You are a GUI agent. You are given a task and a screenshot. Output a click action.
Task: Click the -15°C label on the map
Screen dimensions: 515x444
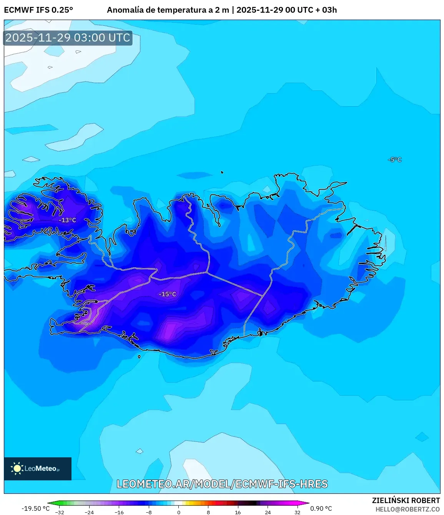(167, 294)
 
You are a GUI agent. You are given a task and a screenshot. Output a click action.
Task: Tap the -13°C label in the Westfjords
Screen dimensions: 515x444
(67, 220)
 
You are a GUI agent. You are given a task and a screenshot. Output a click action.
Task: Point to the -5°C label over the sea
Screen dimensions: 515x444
(395, 160)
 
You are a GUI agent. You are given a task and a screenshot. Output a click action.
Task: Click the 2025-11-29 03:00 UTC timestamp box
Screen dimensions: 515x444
(68, 38)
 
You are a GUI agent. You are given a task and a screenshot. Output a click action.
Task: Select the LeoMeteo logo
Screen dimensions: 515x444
(37, 468)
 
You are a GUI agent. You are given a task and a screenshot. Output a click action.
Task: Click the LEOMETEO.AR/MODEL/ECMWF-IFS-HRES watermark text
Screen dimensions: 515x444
(222, 484)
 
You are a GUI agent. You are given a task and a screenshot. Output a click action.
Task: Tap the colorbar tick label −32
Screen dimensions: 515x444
(60, 512)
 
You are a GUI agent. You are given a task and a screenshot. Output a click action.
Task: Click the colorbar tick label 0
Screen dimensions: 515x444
(179, 512)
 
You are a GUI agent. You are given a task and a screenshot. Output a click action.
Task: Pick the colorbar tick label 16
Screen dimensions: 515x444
(238, 512)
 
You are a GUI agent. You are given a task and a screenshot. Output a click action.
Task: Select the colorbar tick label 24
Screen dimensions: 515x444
(268, 512)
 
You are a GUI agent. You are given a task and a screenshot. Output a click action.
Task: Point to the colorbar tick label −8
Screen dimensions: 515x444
(149, 512)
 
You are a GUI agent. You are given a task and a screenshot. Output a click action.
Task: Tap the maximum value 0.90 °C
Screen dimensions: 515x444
(321, 508)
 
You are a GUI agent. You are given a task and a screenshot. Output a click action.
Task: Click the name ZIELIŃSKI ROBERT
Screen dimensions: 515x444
(406, 500)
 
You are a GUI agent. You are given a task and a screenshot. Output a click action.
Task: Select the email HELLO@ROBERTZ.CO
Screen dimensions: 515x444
(407, 509)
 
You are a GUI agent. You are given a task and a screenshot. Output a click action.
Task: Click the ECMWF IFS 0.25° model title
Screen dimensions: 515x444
(38, 10)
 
